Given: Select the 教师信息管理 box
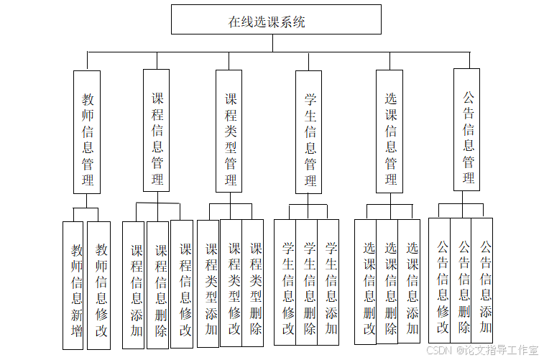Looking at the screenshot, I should [87, 131].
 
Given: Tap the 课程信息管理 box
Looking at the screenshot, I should [157, 129].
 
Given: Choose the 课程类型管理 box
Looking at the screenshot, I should [231, 131].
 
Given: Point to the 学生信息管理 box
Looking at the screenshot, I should [310, 131].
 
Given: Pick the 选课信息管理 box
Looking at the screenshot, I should [391, 131].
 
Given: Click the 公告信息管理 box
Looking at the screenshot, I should [467, 129].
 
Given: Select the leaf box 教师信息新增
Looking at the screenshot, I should [75, 285].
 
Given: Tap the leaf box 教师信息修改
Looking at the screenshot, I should [100, 285].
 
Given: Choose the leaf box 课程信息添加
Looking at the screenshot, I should [136, 285].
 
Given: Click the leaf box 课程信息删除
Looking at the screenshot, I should [160, 285].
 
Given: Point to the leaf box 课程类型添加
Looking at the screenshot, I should [210, 284].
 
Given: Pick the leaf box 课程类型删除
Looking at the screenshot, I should [254, 284].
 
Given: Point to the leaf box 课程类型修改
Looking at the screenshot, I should [233, 284].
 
